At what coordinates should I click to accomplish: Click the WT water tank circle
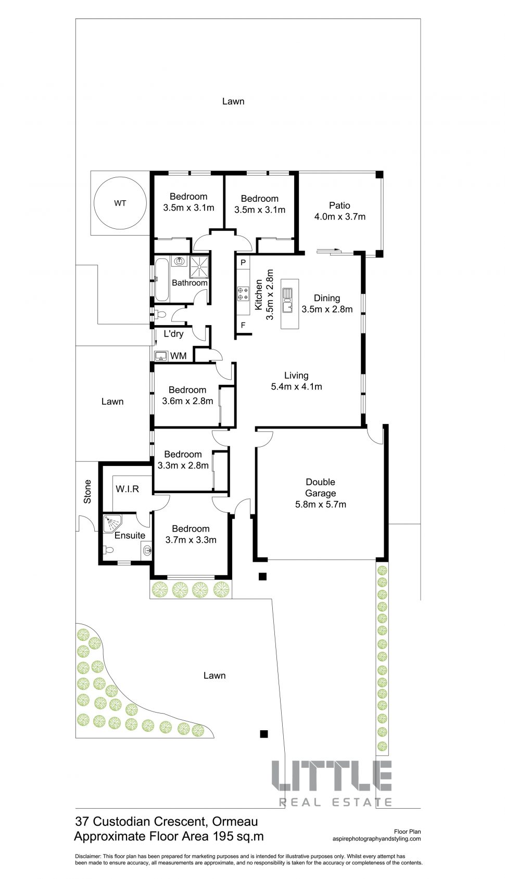(94, 203)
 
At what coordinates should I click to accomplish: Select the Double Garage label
(320, 487)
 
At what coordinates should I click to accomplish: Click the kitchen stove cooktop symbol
(243, 294)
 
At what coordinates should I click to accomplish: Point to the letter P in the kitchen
(243, 263)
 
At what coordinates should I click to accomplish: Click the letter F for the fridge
(243, 325)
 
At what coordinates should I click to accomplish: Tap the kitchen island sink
(288, 300)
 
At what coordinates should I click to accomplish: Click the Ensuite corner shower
(112, 523)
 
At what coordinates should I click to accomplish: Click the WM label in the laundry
(178, 356)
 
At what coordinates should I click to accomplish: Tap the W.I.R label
(127, 489)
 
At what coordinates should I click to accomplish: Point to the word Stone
(87, 492)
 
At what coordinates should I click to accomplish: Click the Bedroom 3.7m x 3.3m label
(191, 534)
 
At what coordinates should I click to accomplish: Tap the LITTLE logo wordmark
(332, 781)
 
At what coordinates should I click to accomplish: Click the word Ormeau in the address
(235, 821)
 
